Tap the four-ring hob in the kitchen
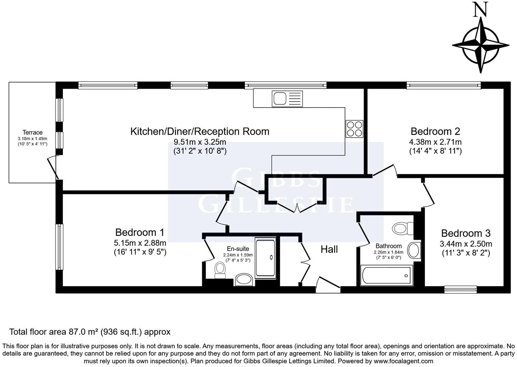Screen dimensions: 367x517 click(354, 129)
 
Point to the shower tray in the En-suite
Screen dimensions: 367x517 click(265, 258)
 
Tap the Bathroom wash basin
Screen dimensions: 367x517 click(414, 250)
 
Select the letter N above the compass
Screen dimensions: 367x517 click(481, 10)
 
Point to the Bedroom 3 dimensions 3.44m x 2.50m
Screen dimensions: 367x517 click(466, 244)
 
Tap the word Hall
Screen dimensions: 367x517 click(329, 249)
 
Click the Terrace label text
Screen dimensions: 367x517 click(33, 133)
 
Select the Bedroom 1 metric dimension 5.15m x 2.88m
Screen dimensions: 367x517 click(140, 243)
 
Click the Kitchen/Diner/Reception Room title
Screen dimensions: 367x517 click(200, 132)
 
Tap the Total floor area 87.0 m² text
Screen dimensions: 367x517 click(90, 332)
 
